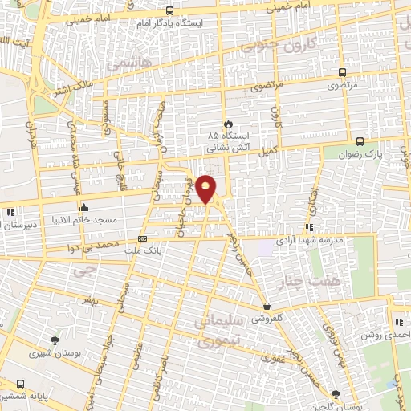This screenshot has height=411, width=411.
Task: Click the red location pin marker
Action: coord(206,189)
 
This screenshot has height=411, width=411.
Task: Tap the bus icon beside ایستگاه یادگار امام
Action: coord(169,10)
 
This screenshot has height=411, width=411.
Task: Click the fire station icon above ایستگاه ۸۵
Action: coord(229,124)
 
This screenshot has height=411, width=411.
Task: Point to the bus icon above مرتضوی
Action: coord(343,71)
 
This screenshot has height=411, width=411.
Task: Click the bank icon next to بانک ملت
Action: coord(143,238)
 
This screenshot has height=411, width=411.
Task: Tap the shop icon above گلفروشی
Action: coord(267,306)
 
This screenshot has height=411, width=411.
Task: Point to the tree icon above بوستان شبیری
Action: coord(54,340)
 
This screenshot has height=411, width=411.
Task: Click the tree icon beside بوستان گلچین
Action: coord(335,395)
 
